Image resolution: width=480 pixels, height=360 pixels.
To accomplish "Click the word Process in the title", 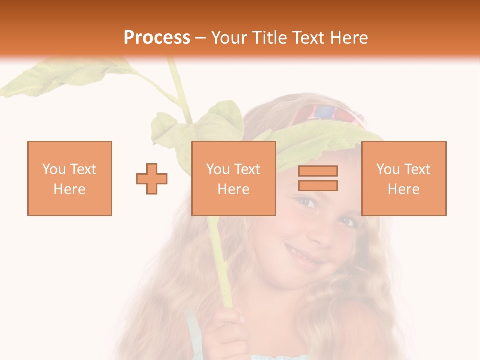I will pyautogui.click(x=157, y=38).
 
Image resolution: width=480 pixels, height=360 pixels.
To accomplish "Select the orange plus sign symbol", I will pyautogui.click(x=152, y=178).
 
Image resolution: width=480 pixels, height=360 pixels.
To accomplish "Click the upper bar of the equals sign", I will pyautogui.click(x=318, y=171).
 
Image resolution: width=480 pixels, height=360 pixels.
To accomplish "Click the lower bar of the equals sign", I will pyautogui.click(x=318, y=185).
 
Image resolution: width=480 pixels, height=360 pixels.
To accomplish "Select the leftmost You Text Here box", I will pyautogui.click(x=70, y=178).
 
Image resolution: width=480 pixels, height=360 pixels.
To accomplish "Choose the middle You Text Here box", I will pyautogui.click(x=233, y=178).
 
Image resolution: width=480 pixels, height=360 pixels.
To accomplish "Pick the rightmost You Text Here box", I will pyautogui.click(x=403, y=178).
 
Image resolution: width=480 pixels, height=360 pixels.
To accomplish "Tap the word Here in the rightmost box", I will pyautogui.click(x=403, y=189).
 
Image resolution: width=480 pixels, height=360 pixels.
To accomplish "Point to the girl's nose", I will pyautogui.click(x=320, y=231).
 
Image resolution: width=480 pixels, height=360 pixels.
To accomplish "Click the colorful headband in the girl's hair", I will pyautogui.click(x=325, y=114).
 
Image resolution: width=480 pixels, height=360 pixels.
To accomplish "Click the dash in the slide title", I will pyautogui.click(x=201, y=38).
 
